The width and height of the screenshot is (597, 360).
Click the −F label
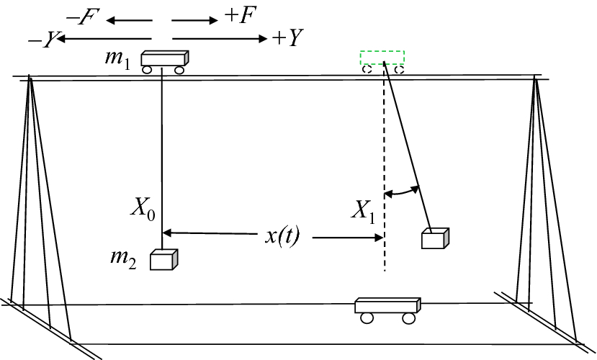tap(78, 15)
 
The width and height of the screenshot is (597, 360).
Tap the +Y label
tap(287, 39)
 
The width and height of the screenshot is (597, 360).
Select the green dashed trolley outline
tap(382, 58)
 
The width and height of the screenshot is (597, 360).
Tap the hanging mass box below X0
tap(163, 259)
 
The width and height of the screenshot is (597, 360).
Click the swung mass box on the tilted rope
tap(435, 238)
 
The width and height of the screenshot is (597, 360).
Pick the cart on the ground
tap(387, 307)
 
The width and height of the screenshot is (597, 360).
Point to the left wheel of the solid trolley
tap(148, 71)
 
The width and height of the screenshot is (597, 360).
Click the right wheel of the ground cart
tap(409, 318)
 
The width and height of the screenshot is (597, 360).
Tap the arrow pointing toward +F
tap(194, 21)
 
